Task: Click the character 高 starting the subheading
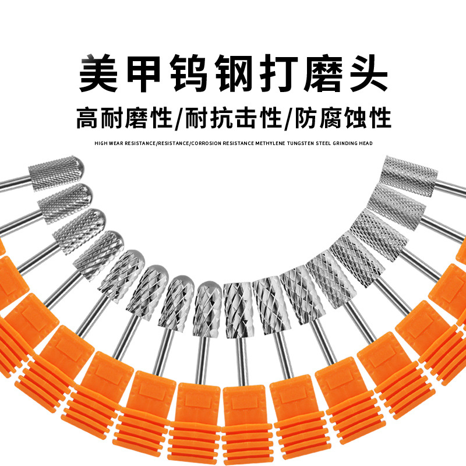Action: click(87, 119)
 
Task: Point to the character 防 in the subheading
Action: click(306, 119)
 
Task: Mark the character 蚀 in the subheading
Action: click(356, 119)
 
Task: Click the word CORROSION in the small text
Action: click(204, 143)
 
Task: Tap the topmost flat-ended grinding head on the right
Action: click(411, 172)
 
